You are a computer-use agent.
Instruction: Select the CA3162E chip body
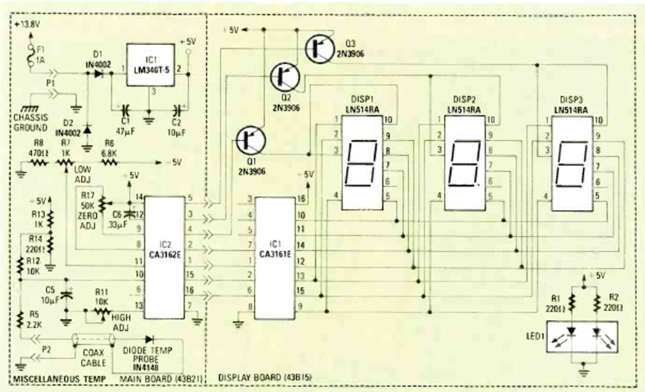[x=163, y=254]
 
